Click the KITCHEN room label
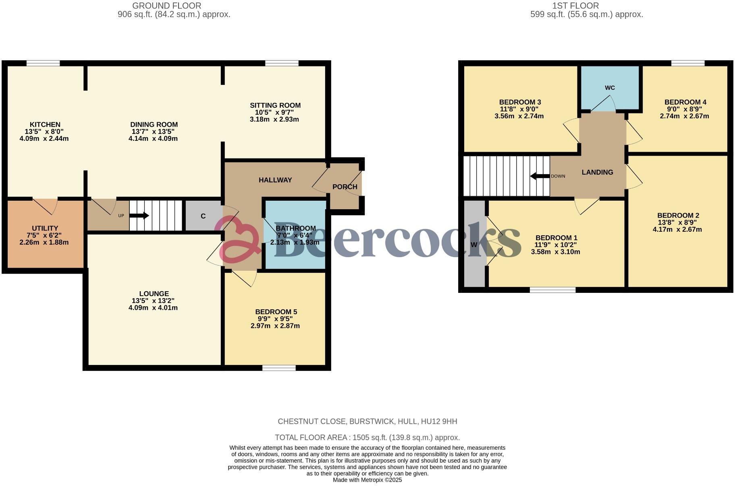[45, 125]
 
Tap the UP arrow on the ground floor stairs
[139, 216]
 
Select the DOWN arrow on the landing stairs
[540, 176]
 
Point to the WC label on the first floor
[610, 88]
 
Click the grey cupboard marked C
[203, 216]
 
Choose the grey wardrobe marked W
[474, 245]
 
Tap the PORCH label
[345, 187]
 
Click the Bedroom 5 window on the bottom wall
[278, 368]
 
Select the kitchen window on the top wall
[43, 63]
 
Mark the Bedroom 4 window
[688, 63]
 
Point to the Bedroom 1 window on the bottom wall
[552, 290]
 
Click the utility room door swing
[45, 206]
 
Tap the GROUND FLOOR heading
[166, 6]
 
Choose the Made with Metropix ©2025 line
[367, 480]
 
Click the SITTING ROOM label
[275, 105]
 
